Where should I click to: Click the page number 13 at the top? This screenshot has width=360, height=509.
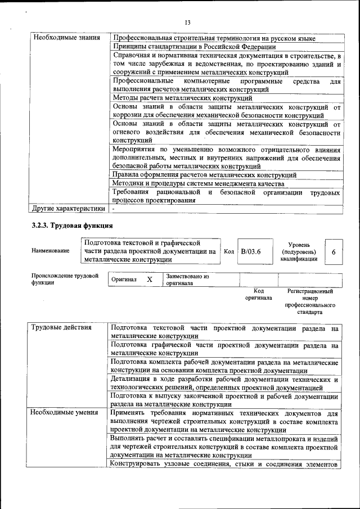[188, 22]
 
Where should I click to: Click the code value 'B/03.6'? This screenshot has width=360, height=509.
[250, 251]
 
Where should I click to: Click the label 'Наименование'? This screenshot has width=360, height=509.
[51, 251]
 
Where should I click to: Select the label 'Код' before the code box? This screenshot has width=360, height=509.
[229, 251]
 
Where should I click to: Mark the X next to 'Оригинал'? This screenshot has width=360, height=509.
[149, 280]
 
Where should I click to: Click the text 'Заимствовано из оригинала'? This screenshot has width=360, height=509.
[187, 280]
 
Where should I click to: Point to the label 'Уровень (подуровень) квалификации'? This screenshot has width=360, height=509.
[299, 251]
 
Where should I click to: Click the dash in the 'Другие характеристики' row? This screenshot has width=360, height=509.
[113, 209]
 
